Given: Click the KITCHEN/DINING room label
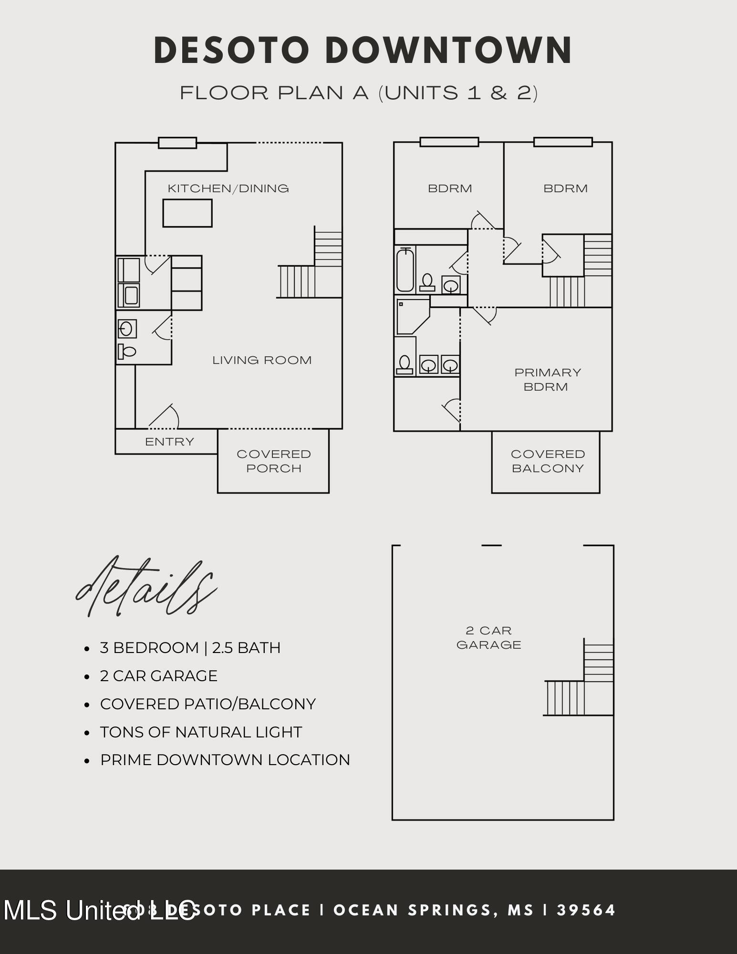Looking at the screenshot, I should pyautogui.click(x=228, y=188).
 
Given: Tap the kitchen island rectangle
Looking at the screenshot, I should pyautogui.click(x=187, y=213).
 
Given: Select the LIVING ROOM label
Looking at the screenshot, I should pyautogui.click(x=262, y=360).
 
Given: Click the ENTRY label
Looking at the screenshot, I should pyautogui.click(x=169, y=442).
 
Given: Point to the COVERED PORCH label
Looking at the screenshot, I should pyautogui.click(x=274, y=461).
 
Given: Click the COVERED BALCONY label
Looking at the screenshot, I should pyautogui.click(x=548, y=461).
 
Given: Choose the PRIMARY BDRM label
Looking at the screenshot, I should pyautogui.click(x=547, y=380).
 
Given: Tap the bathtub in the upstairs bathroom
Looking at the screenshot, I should pyautogui.click(x=405, y=270).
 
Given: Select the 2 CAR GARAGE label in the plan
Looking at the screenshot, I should pyautogui.click(x=488, y=638).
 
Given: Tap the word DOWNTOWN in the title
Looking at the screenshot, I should pyautogui.click(x=448, y=51).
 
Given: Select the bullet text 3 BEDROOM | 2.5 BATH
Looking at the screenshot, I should pyautogui.click(x=190, y=648).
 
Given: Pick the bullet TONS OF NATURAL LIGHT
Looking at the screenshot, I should pyautogui.click(x=201, y=732).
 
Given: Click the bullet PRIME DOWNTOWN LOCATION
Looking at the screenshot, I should pyautogui.click(x=225, y=760).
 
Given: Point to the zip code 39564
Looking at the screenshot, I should pyautogui.click(x=586, y=910).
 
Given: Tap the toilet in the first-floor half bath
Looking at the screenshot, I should pyautogui.click(x=127, y=352).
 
